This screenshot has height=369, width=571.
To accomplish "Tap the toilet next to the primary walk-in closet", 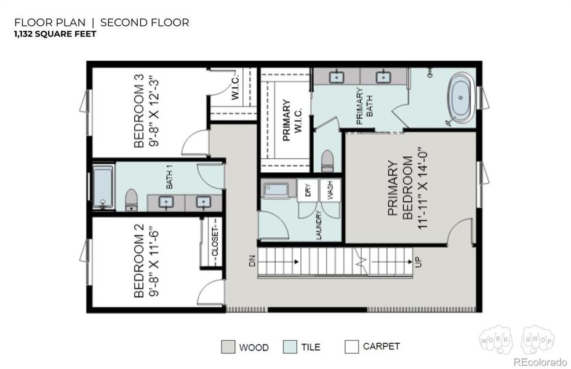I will point(327,161).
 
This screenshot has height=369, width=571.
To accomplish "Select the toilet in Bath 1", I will point(131,199).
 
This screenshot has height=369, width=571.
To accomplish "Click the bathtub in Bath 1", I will point(103,187).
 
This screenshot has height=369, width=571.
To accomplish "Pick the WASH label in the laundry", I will point(330,189).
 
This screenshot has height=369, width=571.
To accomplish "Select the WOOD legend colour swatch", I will point(228,347).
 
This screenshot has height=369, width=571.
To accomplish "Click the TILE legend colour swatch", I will point(290,347).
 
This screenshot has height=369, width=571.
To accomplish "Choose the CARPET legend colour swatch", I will point(351,347).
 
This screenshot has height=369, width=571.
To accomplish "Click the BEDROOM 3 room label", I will point(140,111).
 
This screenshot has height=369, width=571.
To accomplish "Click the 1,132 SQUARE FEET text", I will point(55,34).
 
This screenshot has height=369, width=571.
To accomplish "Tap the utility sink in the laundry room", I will point(276,189).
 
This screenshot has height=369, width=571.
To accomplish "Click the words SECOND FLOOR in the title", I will point(145,22).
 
